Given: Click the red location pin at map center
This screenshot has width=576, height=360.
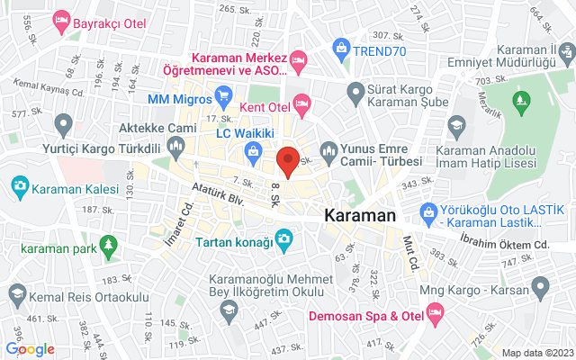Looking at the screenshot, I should [x=288, y=161].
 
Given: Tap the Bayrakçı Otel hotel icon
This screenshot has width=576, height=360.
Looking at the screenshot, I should [x=61, y=19].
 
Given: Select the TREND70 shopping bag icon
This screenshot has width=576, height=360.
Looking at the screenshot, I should [x=341, y=46].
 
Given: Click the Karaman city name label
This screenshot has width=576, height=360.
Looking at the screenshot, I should [x=360, y=216].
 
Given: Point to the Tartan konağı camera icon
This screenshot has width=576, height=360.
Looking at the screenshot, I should [x=284, y=238].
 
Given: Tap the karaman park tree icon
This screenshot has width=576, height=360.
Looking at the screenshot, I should [x=109, y=244].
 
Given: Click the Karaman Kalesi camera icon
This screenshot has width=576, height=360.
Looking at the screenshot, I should [x=19, y=186].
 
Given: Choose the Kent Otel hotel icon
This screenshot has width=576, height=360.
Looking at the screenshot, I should [x=302, y=104].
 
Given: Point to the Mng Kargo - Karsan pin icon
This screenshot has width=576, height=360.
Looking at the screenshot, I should [x=540, y=287].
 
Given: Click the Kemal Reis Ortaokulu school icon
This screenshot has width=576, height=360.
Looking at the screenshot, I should [x=17, y=294].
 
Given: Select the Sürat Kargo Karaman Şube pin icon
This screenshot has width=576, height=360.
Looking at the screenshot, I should [x=356, y=90].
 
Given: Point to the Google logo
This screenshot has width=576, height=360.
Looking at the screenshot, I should [x=31, y=349].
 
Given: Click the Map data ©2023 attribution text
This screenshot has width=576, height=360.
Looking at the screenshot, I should [x=536, y=353].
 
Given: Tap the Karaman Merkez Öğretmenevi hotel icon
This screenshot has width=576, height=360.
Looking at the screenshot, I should [x=299, y=59].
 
